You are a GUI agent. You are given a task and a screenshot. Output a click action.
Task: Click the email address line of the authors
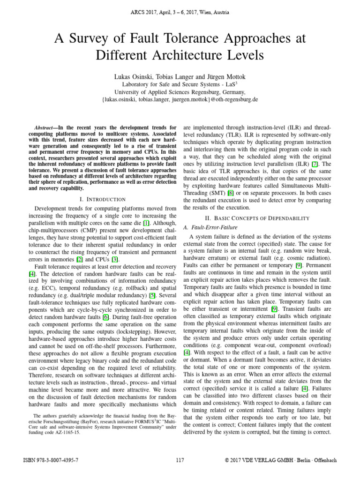point(180,100)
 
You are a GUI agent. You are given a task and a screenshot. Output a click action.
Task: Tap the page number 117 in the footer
point(180,460)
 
